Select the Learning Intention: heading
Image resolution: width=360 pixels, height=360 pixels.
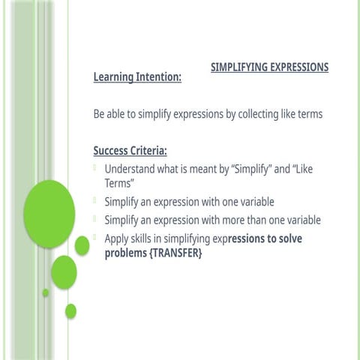137,77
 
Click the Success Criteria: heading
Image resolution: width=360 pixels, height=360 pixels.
130,151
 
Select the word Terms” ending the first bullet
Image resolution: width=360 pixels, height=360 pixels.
119,182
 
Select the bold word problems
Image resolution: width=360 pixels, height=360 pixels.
126,253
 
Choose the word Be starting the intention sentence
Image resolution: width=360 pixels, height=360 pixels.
99,114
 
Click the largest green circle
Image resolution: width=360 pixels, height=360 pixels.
49,214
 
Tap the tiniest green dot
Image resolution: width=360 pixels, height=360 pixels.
45,292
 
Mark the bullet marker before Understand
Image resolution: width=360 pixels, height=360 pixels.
96,169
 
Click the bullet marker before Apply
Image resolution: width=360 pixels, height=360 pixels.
96,238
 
